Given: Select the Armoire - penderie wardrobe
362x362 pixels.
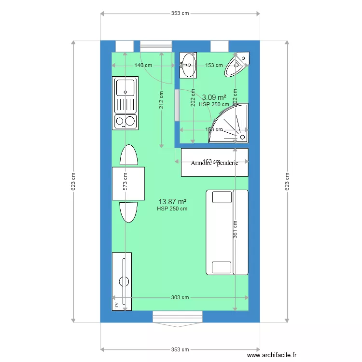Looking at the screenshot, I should click(214, 163).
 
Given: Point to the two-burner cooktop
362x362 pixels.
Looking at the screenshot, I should click(125, 121).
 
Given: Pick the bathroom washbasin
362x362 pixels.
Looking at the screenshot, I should click(188, 65).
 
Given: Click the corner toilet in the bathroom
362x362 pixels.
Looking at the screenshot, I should click(237, 66).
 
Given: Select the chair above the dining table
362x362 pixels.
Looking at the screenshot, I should click(128, 155).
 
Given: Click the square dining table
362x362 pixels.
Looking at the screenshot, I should click(128, 183).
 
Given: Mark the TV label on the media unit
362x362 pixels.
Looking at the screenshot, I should click(116, 305).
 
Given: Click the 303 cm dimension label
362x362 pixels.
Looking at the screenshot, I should click(180, 298).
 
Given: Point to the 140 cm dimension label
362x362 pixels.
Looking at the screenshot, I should click(143, 65).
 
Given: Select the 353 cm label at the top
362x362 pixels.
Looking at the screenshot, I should click(180, 14).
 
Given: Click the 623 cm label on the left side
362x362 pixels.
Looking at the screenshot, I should click(73, 181).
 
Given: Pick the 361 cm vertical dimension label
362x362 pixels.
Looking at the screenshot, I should click(235, 229).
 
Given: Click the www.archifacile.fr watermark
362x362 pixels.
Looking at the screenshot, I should click(272, 355).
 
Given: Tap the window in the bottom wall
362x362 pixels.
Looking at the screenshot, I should click(178, 317).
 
